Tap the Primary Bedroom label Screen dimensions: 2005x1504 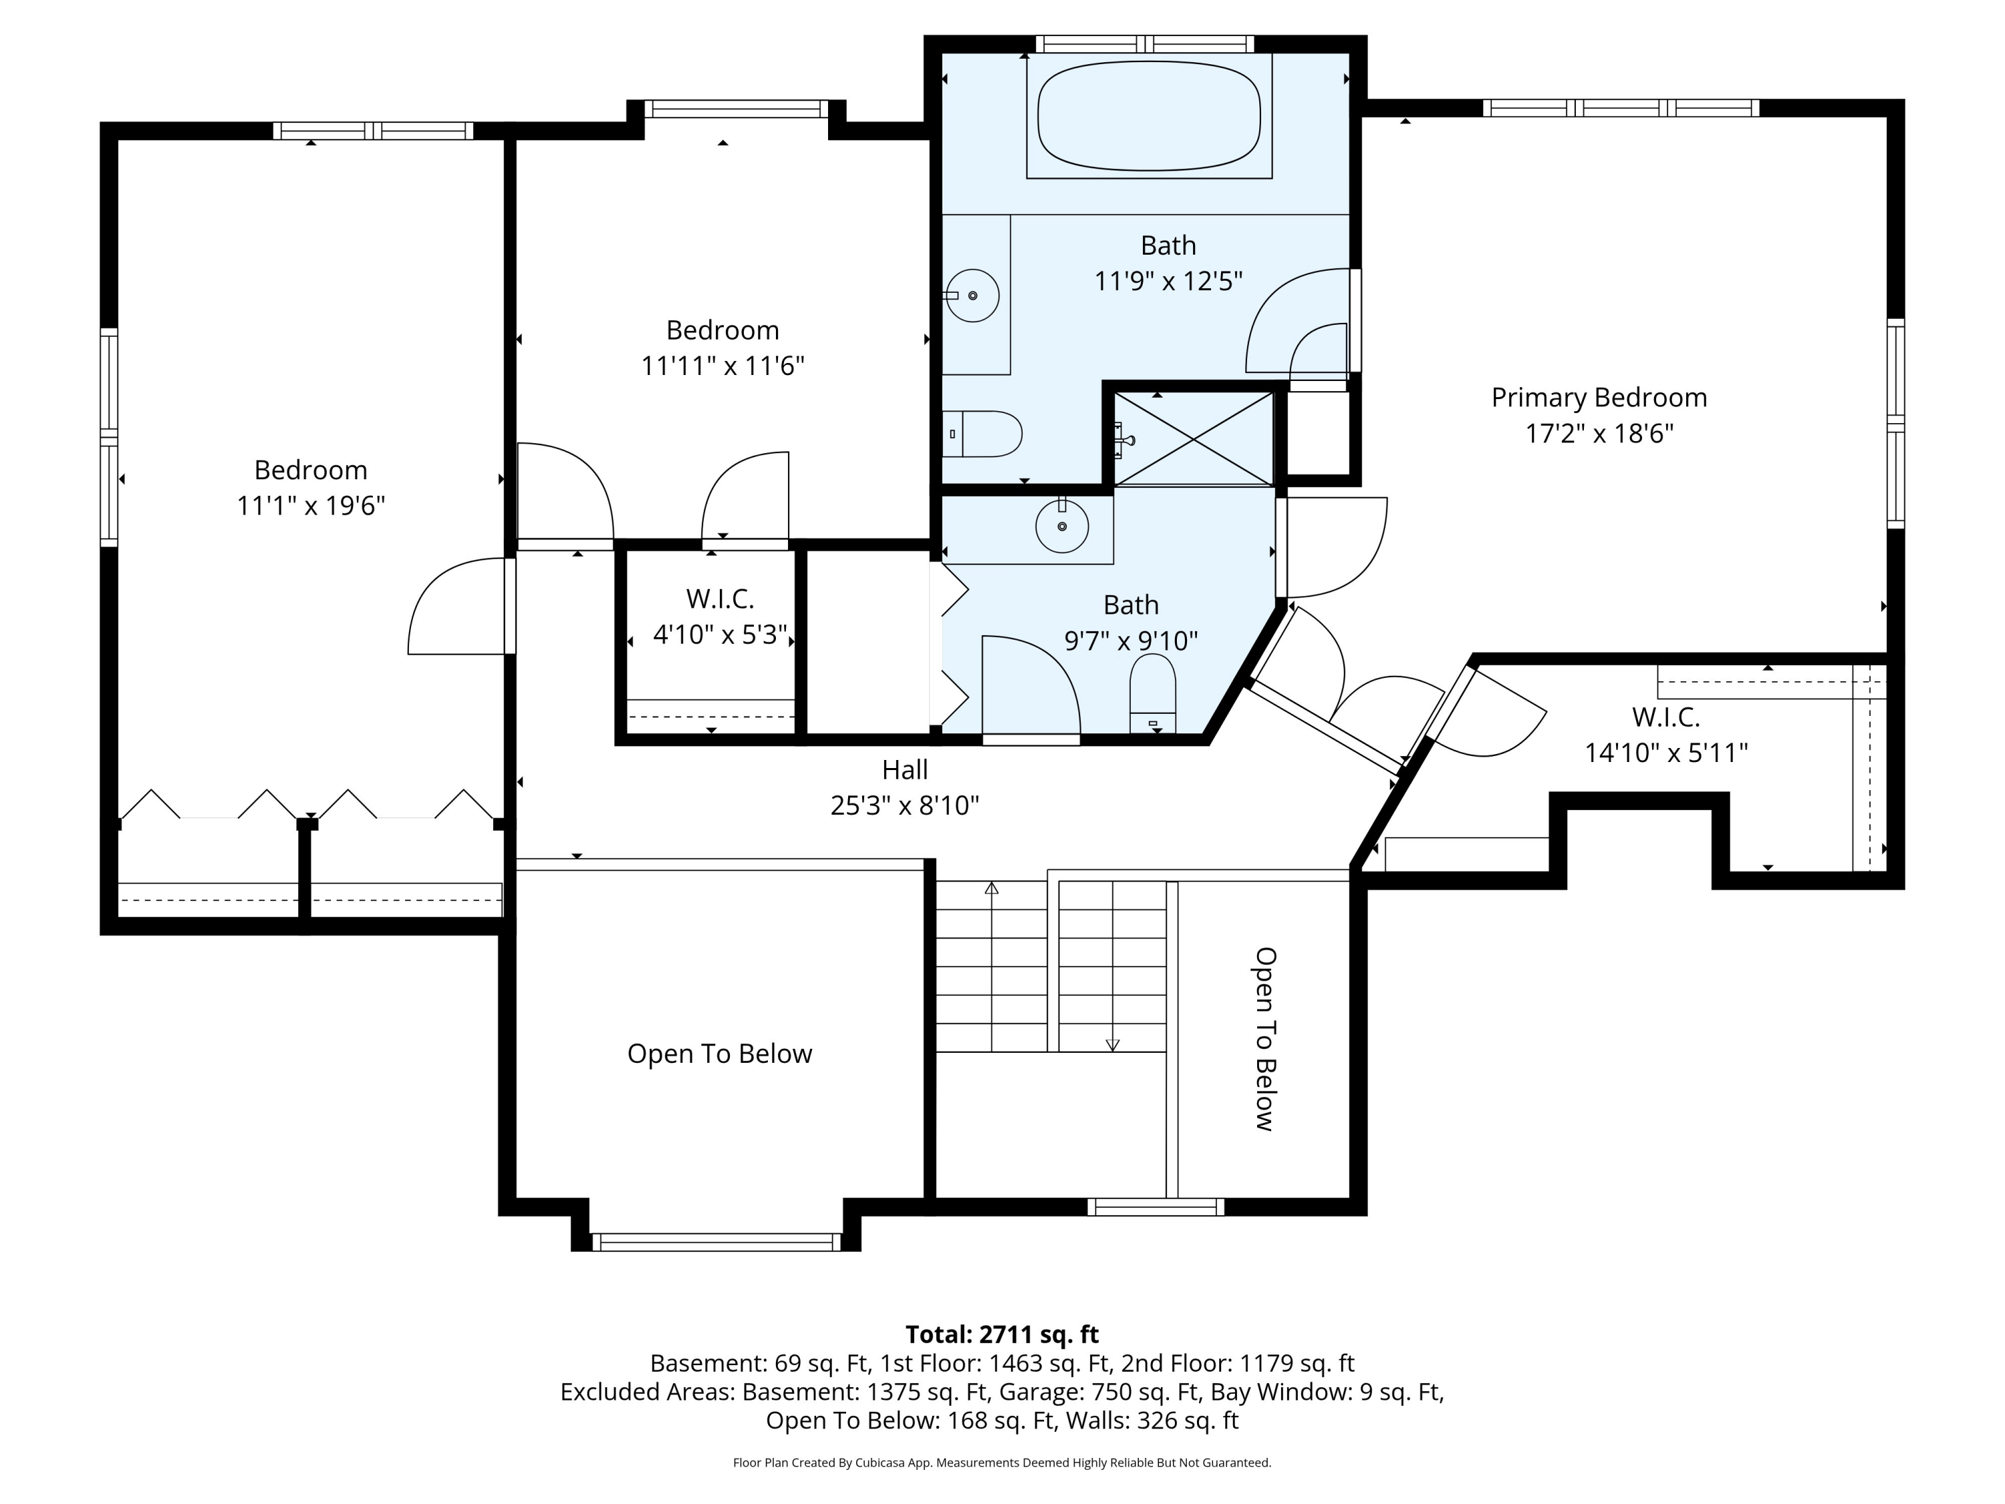(x=1599, y=397)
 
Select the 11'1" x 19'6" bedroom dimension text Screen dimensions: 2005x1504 (x=311, y=505)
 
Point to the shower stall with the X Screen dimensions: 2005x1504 (x=1194, y=438)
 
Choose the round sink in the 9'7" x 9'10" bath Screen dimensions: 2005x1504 (x=1061, y=526)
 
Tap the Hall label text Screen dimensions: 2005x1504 (x=905, y=769)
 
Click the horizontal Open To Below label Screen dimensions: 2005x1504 (x=720, y=1053)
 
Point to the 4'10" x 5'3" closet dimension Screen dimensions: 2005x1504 (x=720, y=634)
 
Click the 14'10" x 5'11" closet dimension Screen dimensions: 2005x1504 (x=1666, y=753)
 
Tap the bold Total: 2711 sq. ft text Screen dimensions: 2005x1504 (x=1002, y=1334)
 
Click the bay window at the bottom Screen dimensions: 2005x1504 (x=716, y=1242)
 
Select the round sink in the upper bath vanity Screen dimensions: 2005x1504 (x=972, y=295)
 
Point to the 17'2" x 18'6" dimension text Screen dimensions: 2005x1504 (x=1599, y=433)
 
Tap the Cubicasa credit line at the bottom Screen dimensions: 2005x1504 (x=1002, y=1463)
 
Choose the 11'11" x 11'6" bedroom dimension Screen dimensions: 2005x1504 (x=722, y=366)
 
